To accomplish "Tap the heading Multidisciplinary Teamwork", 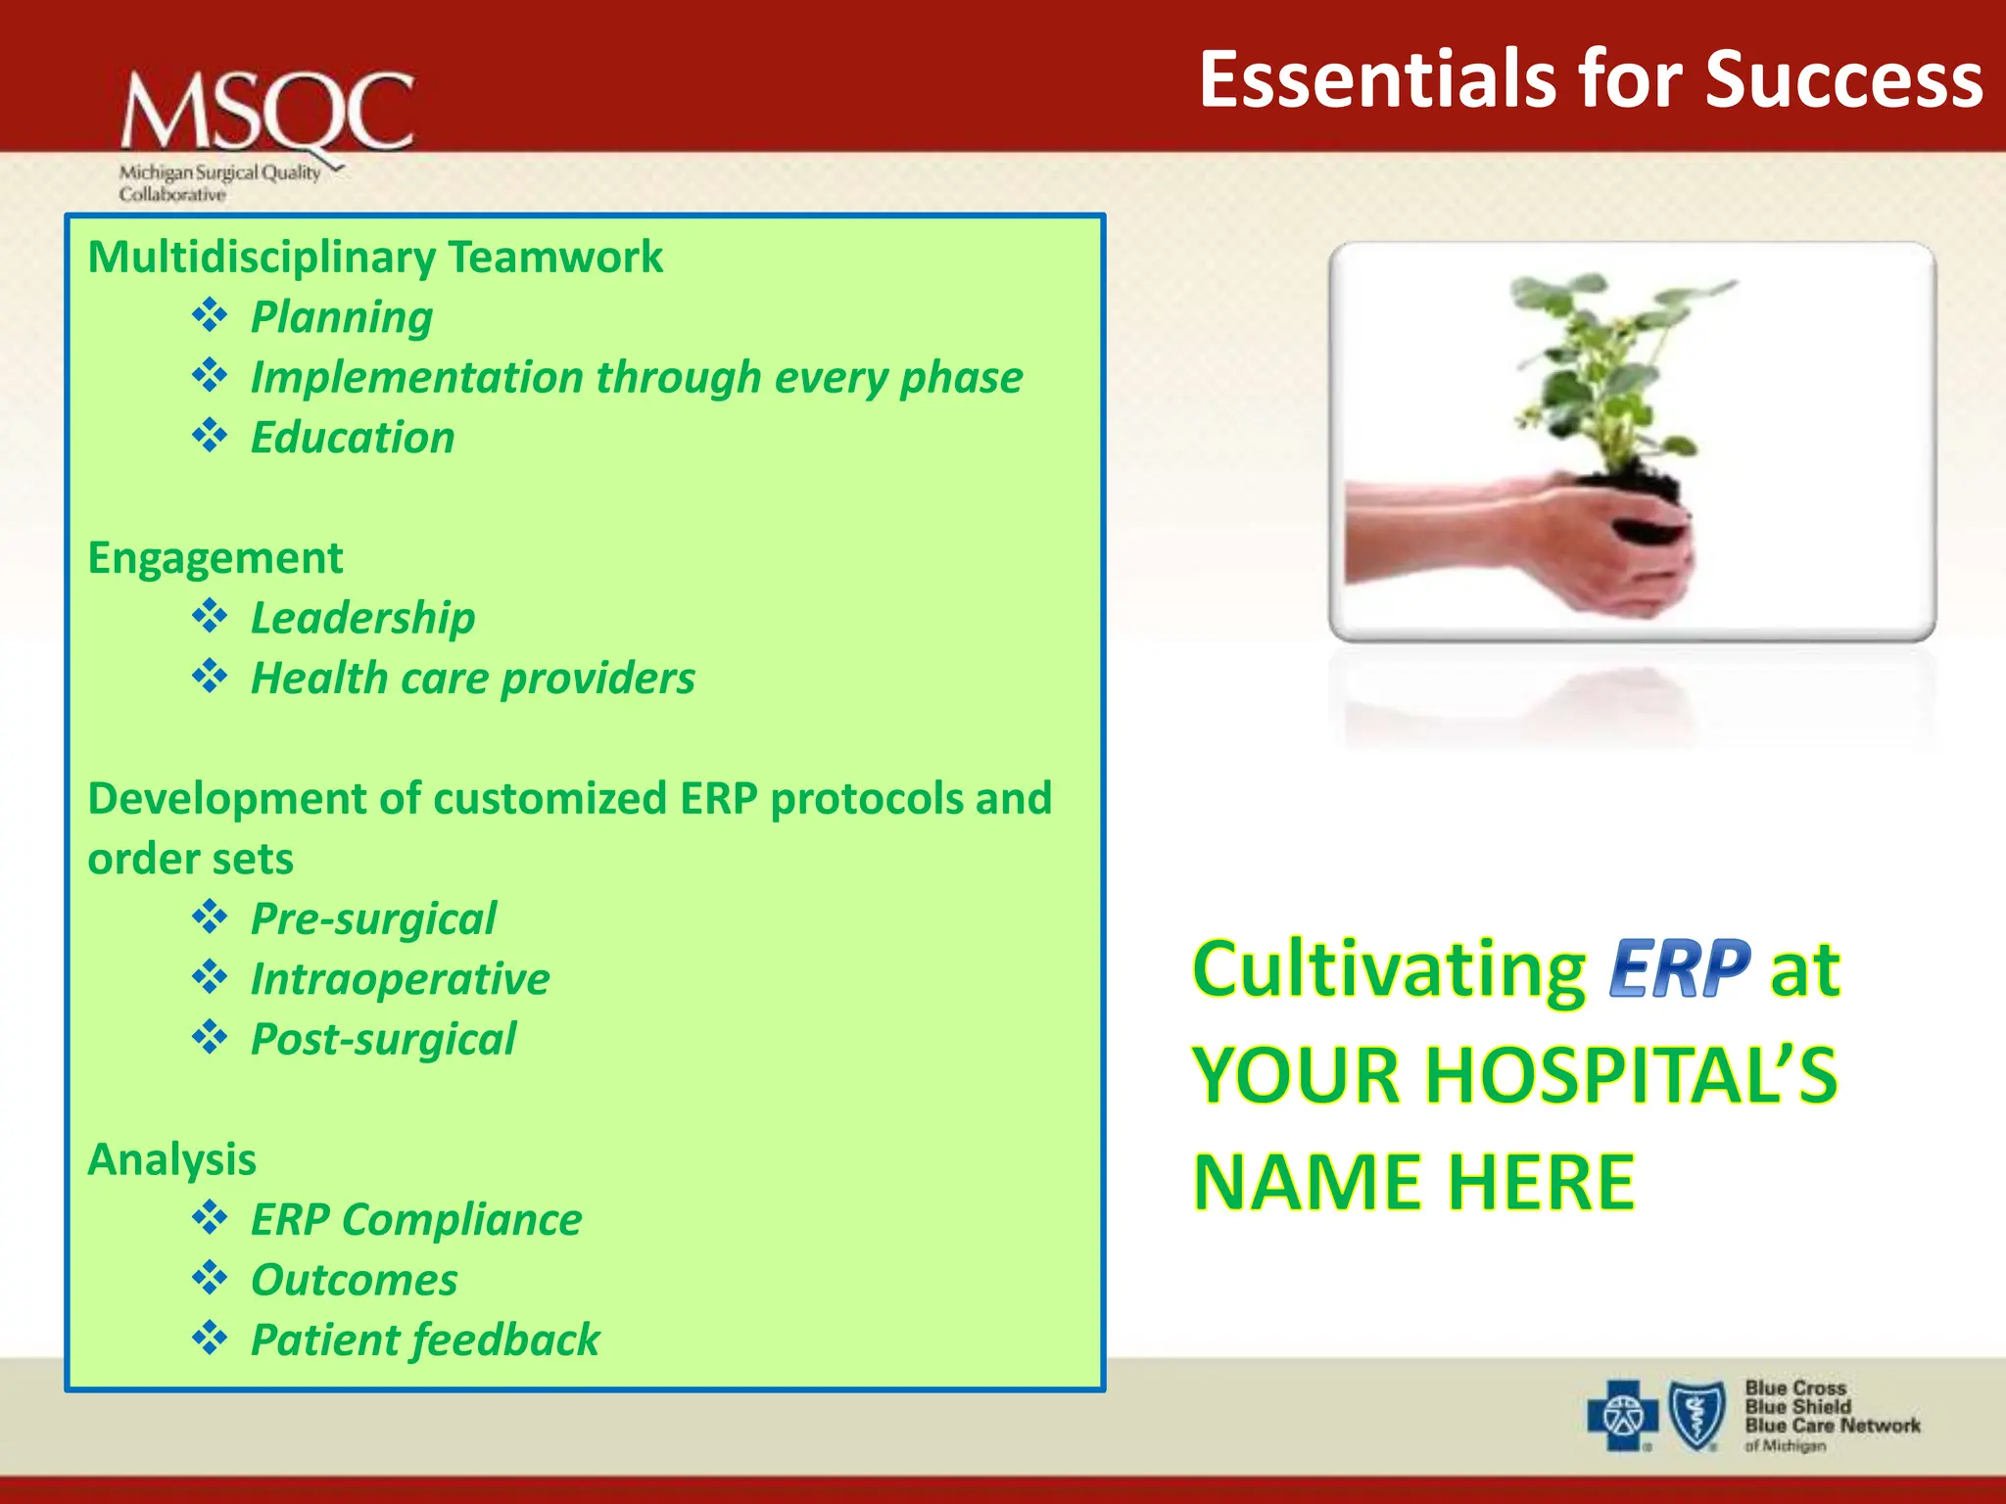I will click(375, 258).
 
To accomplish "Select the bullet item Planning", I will click(341, 317).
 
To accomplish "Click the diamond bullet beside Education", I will click(210, 435).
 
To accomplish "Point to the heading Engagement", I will click(215, 558).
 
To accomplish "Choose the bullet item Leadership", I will click(362, 618).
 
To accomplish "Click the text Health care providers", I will click(472, 679).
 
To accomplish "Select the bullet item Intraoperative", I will click(400, 979).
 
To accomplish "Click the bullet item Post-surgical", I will click(383, 1039).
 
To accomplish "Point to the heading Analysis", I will click(171, 1160).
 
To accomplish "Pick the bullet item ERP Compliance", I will click(415, 1220).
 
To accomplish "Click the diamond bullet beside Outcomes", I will click(210, 1278).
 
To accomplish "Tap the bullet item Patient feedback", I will click(424, 1340).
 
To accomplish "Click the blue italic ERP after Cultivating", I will click(1679, 969).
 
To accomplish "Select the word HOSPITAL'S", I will click(1630, 1075).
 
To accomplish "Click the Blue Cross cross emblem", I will click(1622, 1416).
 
